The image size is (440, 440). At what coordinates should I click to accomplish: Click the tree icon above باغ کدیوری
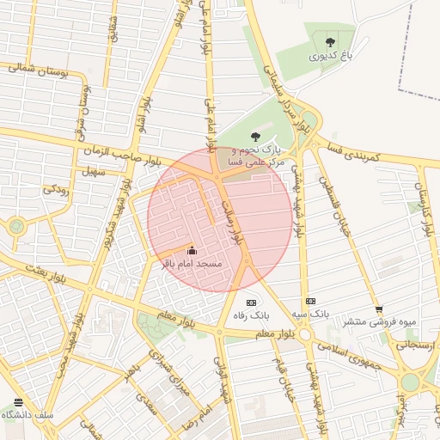click(331, 40)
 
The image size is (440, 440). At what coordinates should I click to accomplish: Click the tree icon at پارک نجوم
click(254, 136)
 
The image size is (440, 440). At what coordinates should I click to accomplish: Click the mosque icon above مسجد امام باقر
click(190, 252)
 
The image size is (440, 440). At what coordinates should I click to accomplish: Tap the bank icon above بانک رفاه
click(251, 302)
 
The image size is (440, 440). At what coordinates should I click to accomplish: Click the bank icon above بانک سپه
click(310, 302)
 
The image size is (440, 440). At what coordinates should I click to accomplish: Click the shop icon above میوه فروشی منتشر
click(379, 309)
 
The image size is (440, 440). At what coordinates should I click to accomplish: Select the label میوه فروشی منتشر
click(380, 322)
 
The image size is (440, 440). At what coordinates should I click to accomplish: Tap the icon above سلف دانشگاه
click(19, 402)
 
